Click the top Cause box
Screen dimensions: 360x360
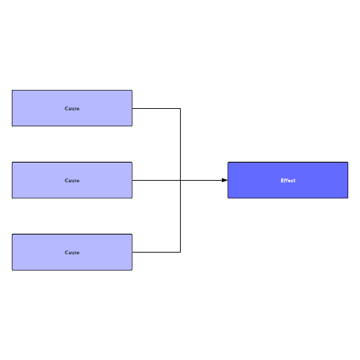pos(72,108)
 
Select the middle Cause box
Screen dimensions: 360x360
pos(72,180)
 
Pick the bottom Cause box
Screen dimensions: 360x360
pos(72,252)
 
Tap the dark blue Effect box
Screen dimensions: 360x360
pos(288,180)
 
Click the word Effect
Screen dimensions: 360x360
pos(288,181)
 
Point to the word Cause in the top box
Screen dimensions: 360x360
pos(72,108)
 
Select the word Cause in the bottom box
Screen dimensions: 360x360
pos(72,253)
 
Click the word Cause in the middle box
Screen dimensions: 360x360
pos(72,181)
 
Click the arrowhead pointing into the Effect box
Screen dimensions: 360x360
pos(225,180)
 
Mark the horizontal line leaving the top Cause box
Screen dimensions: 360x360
pos(156,108)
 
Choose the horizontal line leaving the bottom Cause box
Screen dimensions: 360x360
pos(156,252)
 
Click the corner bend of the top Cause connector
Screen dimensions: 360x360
pos(180,108)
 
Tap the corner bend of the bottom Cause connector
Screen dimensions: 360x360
pos(180,252)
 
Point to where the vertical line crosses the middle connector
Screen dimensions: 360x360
pos(180,180)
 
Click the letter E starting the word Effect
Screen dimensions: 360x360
pos(283,181)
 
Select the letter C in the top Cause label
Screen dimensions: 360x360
pos(66,108)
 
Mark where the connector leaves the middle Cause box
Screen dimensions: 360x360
pos(133,180)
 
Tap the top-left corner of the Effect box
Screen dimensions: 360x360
pos(228,162)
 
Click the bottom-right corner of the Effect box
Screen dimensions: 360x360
pos(348,198)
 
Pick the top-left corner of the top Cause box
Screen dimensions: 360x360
pos(12,90)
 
